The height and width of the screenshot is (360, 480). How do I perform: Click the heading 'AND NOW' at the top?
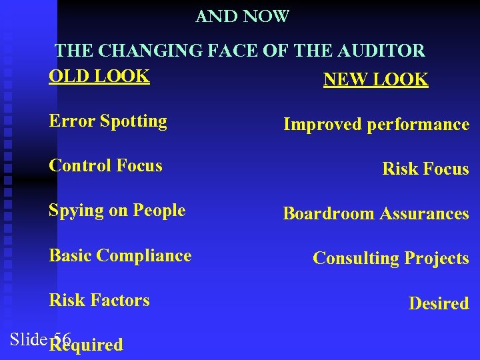(x=242, y=16)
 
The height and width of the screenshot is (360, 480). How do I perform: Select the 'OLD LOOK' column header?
(x=99, y=76)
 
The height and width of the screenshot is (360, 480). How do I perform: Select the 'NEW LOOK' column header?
(x=375, y=80)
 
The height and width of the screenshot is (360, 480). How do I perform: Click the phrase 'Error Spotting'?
(x=108, y=121)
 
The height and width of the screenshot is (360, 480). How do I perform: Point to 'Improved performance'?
(x=376, y=125)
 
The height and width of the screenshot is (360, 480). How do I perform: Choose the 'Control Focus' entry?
(x=105, y=166)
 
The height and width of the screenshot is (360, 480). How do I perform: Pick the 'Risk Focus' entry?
(x=425, y=169)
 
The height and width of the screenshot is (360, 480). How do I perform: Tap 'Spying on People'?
(x=117, y=211)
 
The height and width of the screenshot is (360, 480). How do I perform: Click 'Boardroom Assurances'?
(x=376, y=214)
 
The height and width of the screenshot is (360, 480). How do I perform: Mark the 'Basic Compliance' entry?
(x=120, y=256)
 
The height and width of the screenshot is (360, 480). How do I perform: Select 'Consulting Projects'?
(x=391, y=259)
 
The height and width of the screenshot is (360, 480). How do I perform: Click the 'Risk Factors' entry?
(x=99, y=301)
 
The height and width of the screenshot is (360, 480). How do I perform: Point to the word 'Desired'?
(x=439, y=304)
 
